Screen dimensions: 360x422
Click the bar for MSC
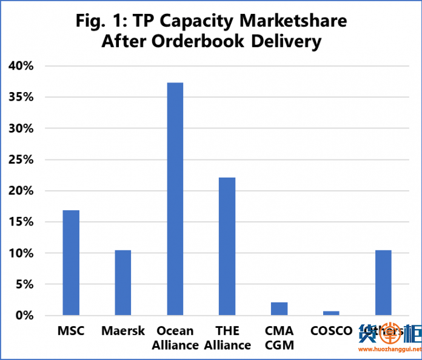click(71, 262)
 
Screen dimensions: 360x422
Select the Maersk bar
click(123, 282)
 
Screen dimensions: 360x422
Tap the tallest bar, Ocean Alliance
click(175, 199)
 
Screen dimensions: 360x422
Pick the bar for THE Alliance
click(227, 246)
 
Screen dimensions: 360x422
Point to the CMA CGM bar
click(279, 308)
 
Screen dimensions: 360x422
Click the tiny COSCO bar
click(331, 313)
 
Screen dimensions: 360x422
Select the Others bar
click(383, 282)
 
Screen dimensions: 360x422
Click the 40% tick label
click(22, 66)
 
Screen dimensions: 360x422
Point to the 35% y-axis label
click(22, 97)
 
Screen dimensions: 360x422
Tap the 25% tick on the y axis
click(22, 159)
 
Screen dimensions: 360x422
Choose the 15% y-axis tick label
click(22, 222)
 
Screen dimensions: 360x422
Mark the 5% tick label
click(25, 284)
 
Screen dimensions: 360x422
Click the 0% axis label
click(25, 315)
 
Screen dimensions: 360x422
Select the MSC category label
click(71, 331)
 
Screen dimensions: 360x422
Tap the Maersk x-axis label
click(123, 331)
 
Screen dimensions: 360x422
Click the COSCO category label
click(331, 331)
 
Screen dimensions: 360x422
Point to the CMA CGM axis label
click(279, 338)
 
